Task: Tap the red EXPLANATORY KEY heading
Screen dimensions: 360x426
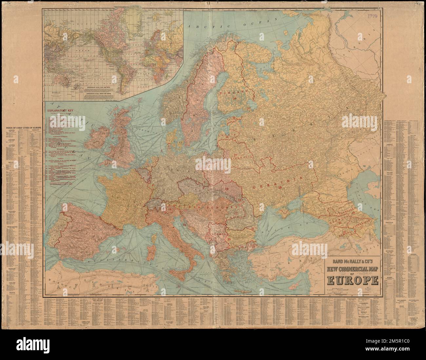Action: (62, 111)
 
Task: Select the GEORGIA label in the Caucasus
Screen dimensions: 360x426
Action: (337, 220)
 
